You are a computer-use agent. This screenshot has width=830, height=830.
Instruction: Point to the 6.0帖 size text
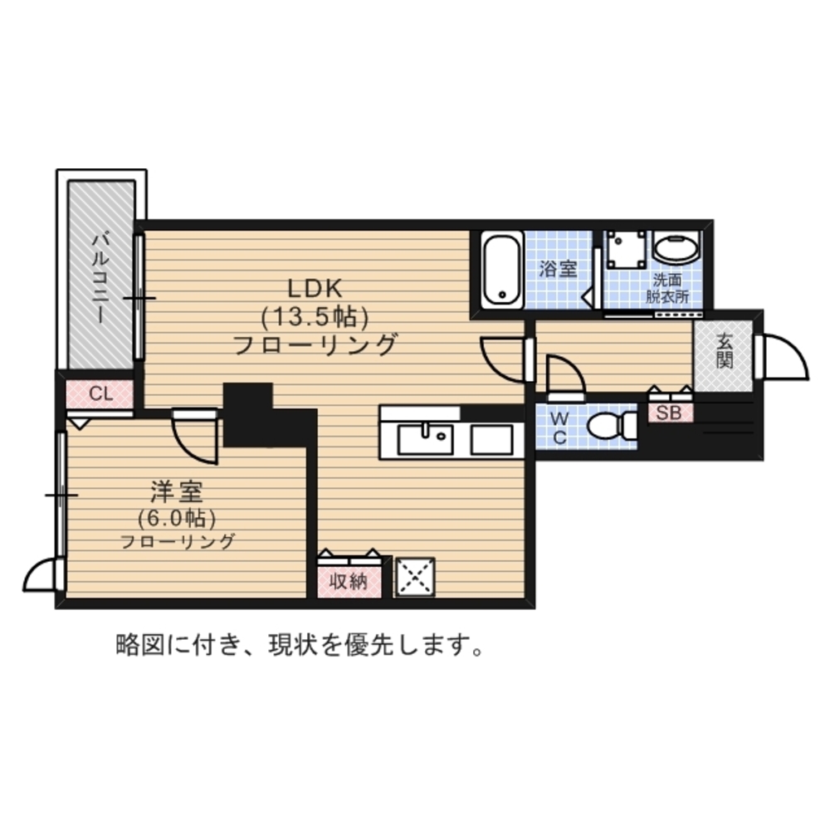177,519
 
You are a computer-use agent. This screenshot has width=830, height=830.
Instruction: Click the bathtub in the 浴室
502,268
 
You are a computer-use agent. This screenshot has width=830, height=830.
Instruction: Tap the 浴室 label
557,269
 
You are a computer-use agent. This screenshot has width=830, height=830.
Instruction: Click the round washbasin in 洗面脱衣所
676,247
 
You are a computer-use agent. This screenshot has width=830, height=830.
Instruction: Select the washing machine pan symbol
624,248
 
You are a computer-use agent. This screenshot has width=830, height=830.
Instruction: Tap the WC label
559,426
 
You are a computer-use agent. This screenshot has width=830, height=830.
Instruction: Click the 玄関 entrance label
725,349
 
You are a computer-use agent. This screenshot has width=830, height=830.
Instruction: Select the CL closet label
100,393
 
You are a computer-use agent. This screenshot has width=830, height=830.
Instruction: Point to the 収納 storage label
349,582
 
